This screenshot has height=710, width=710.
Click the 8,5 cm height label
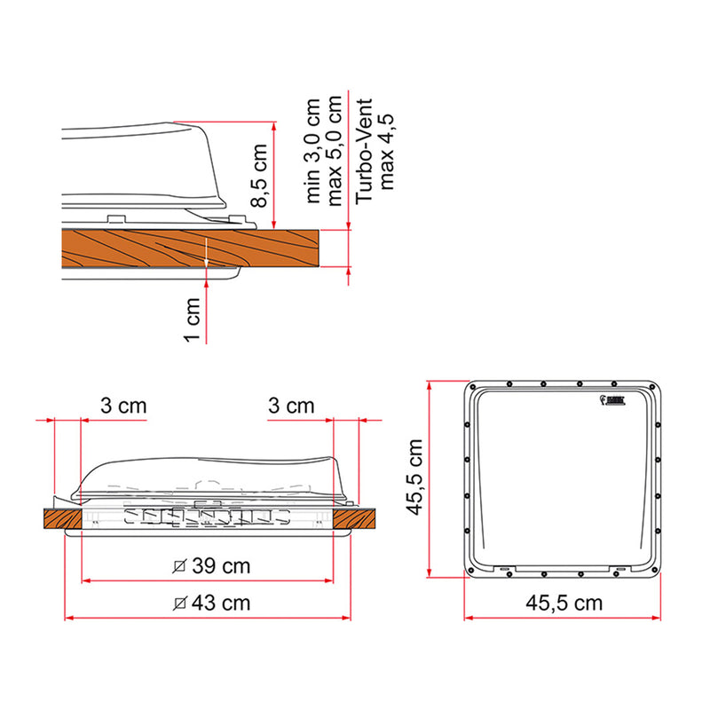coord(258,177)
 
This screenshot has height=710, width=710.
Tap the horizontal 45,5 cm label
coord(564,603)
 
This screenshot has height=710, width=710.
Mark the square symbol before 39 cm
coord(180,566)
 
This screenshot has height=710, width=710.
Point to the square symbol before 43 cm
coord(180,603)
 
